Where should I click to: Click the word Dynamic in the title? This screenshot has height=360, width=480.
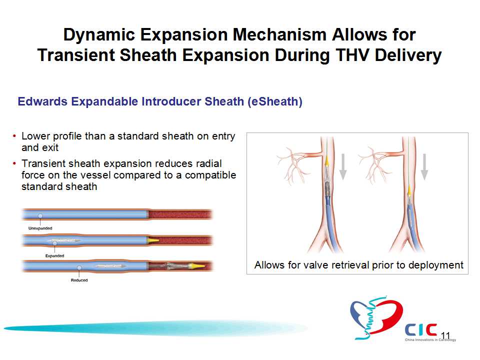click(99, 34)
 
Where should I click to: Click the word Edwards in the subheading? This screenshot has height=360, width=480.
click(42, 101)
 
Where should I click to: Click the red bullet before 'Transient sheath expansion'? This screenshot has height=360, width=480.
click(14, 163)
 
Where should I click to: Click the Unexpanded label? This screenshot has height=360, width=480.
click(40, 228)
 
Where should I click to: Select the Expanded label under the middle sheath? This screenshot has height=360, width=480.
click(54, 255)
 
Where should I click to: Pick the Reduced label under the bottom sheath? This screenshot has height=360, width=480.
click(79, 280)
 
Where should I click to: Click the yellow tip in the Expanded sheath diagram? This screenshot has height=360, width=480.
click(153, 240)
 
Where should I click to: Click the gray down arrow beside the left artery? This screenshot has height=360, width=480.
click(343, 166)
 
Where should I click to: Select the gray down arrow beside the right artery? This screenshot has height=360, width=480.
click(424, 166)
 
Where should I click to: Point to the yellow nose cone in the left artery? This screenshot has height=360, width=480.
click(327, 160)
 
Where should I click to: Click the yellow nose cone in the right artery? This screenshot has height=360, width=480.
click(409, 190)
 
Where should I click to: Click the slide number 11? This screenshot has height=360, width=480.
click(445, 336)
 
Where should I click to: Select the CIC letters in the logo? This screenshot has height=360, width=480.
click(421, 330)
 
